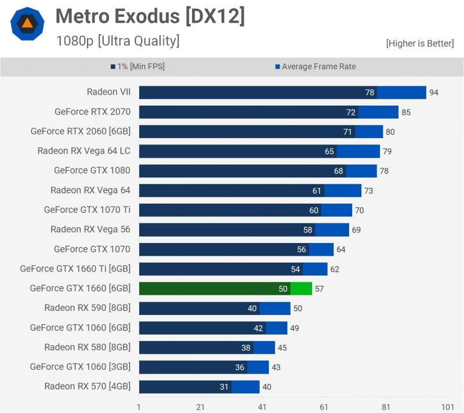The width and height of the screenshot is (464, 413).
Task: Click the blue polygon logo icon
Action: point(27,23)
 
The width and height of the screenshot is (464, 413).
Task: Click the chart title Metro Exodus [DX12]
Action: point(150,17)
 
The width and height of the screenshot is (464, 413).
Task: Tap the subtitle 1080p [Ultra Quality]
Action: point(118,41)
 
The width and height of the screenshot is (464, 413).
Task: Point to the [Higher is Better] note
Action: point(420,44)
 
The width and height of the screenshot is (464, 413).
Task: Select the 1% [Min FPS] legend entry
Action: point(137,67)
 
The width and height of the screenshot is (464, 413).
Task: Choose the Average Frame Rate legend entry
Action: point(316,67)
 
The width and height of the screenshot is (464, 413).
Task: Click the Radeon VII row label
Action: point(108,92)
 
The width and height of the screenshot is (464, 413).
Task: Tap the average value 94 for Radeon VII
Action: point(434,93)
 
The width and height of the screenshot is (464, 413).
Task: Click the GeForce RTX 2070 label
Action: point(92,111)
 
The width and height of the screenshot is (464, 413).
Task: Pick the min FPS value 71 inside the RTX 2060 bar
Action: point(347,132)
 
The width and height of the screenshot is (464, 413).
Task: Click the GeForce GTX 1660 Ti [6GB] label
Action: point(75,269)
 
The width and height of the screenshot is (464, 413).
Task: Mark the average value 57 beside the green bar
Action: point(320,289)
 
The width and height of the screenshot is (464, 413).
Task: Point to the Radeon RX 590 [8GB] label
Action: point(87,307)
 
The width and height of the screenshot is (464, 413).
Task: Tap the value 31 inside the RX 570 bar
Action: point(224,387)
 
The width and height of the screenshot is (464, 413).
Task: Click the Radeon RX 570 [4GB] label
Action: point(87,386)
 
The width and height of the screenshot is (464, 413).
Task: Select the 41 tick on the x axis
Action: point(263,407)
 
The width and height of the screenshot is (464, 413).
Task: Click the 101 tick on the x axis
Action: point(448,407)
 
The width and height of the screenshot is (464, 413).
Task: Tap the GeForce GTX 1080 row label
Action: point(92,171)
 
